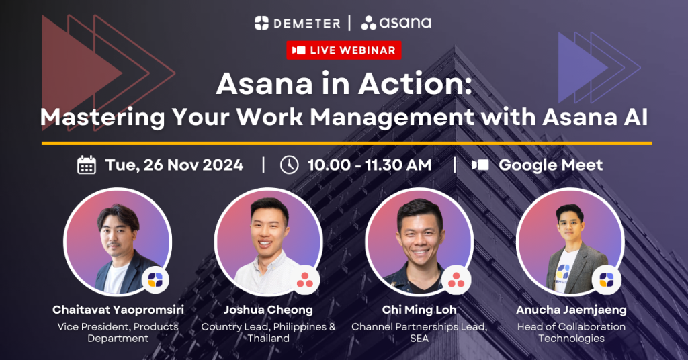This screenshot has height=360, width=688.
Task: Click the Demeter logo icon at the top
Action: coord(261,23)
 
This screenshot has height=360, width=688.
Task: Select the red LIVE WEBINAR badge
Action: coord(344,50)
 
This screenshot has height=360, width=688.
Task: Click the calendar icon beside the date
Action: coord(87,165)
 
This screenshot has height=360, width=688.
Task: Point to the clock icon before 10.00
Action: coord(288,165)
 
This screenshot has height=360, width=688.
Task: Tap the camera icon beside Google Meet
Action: coord(480,165)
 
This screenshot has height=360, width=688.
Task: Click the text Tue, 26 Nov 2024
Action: coord(174,165)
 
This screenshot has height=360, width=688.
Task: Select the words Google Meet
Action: coord(550,165)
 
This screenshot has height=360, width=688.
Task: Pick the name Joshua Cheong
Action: coord(268,310)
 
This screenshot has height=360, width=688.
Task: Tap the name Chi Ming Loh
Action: coord(419,310)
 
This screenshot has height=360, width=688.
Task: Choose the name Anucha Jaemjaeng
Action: coord(570,310)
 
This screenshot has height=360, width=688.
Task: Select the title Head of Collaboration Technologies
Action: coord(570,332)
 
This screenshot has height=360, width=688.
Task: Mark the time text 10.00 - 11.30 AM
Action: coord(370,165)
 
